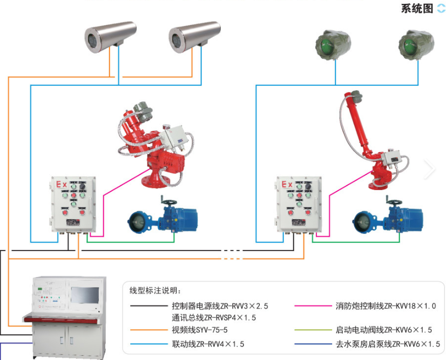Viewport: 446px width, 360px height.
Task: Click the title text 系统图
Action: pos(417,9)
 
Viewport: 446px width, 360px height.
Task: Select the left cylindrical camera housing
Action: pos(110,35)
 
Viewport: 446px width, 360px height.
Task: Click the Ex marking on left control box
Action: pos(62,185)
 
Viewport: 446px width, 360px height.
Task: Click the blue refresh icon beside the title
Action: pos(441,9)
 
